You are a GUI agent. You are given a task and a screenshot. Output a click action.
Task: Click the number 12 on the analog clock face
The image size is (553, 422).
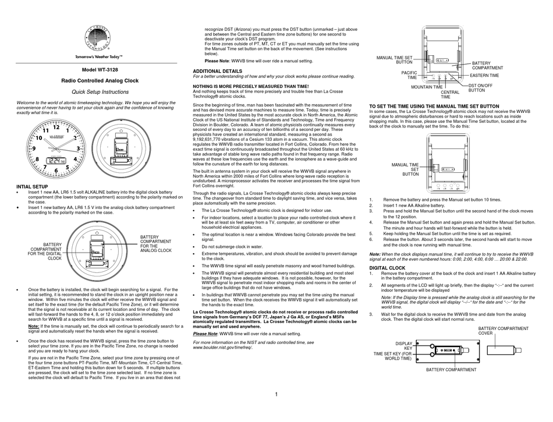pyautogui.click(x=56, y=127)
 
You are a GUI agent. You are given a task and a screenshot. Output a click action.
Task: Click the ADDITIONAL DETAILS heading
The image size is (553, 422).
pyautogui.click(x=217, y=70)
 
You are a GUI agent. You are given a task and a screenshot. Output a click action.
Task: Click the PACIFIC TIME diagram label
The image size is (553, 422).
pyautogui.click(x=409, y=75)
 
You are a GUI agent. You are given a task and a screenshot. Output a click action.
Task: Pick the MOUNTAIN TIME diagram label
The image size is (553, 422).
pyautogui.click(x=427, y=87)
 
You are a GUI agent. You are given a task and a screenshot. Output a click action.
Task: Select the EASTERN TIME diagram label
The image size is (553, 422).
pyautogui.click(x=484, y=76)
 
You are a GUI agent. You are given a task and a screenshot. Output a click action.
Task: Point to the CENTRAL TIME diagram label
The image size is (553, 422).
pyautogui.click(x=449, y=94)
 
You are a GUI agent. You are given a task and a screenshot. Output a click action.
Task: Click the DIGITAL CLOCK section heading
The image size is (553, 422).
pyautogui.click(x=388, y=268)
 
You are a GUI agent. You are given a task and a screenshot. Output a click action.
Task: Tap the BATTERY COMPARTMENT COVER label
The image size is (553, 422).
pyautogui.click(x=504, y=331)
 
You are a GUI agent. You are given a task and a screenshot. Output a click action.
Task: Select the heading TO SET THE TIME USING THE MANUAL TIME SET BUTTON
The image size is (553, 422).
pyautogui.click(x=434, y=106)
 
